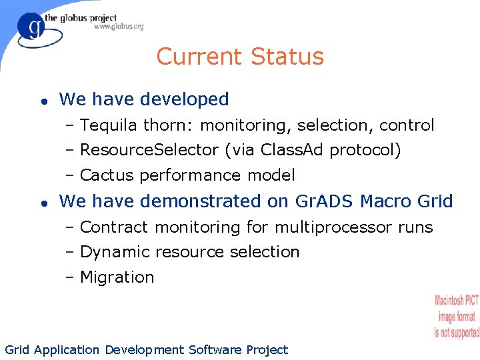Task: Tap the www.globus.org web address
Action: [x=119, y=27]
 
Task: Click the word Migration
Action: [x=117, y=277]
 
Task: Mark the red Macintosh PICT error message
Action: [x=457, y=316]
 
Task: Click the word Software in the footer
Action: [x=215, y=350]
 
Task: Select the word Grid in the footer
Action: [x=17, y=350]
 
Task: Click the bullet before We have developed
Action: [x=41, y=101]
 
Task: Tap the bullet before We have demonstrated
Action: [x=41, y=202]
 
